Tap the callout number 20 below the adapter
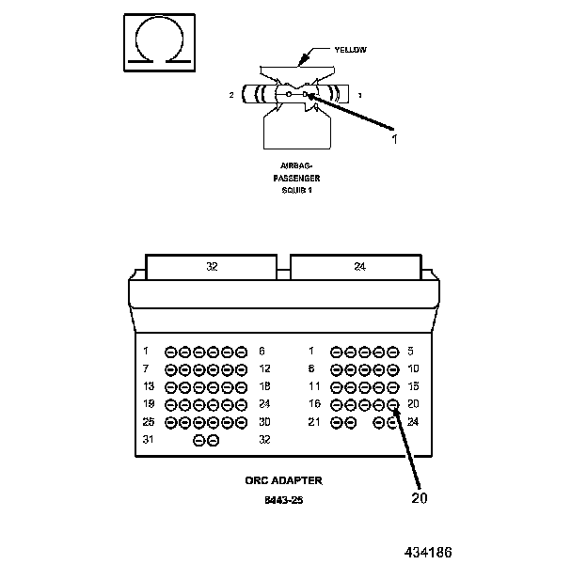(420, 497)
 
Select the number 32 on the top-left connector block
(212, 267)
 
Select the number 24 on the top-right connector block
(358, 267)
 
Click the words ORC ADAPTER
(283, 480)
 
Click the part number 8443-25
(283, 500)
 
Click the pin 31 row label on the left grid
(147, 439)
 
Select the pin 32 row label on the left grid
(264, 439)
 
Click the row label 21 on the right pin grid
(314, 422)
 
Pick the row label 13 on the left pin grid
(147, 386)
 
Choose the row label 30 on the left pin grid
(264, 422)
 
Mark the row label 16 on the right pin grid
(314, 404)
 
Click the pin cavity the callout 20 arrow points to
(393, 405)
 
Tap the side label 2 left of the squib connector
(231, 95)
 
